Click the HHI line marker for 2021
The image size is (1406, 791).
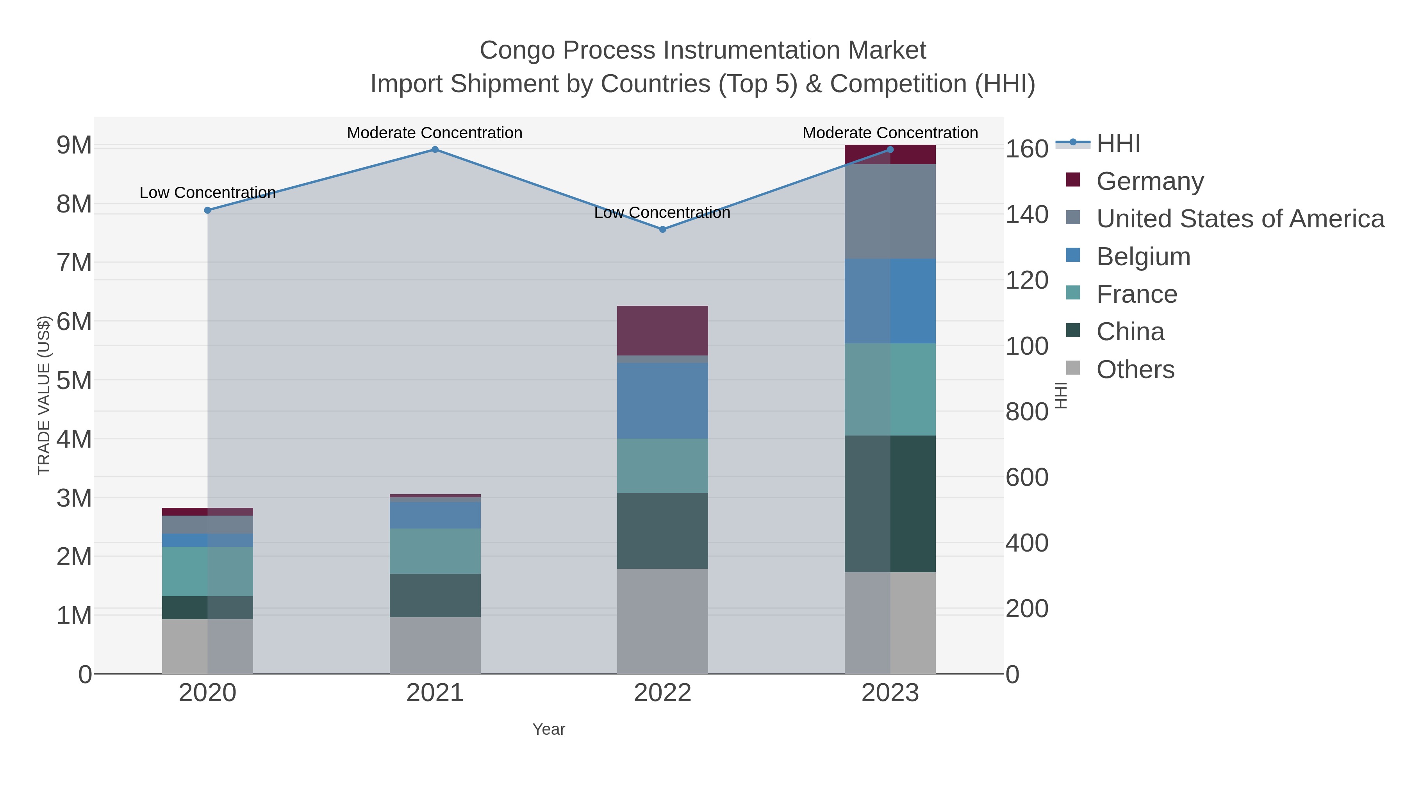435,150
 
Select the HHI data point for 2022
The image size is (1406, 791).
663,229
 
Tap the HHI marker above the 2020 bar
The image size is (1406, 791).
207,210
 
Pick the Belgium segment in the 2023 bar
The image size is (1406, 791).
890,301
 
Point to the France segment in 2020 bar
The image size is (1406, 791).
207,571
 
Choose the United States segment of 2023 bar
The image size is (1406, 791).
890,211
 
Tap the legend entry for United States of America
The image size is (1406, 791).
1240,219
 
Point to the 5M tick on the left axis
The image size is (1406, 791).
74,380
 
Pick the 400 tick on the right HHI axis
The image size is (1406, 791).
1027,543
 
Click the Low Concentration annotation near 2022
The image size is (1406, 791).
662,212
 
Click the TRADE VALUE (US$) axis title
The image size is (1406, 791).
44,395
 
